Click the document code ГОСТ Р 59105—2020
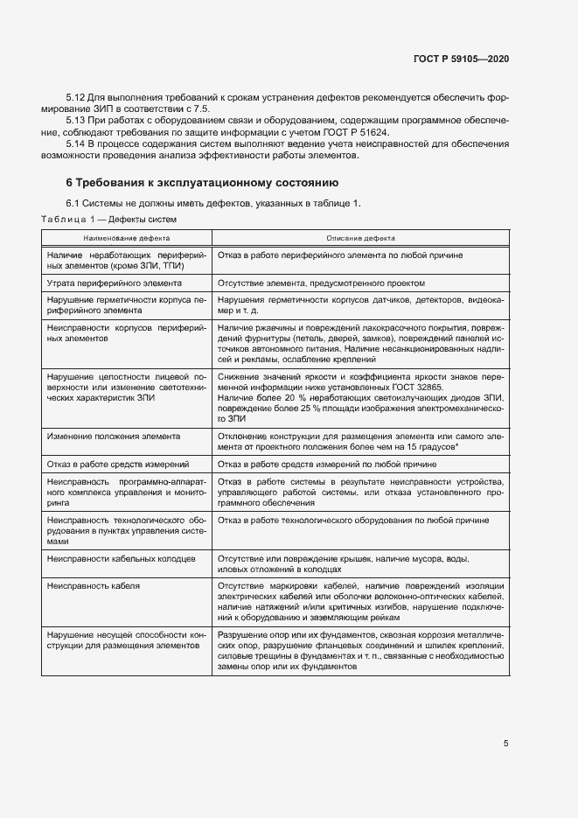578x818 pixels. tap(460, 59)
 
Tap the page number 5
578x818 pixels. tap(506, 744)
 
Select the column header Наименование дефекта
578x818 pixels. tap(127, 238)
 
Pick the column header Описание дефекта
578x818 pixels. tap(360, 238)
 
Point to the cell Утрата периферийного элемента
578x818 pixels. tap(114, 283)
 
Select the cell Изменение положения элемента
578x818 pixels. tap(114, 436)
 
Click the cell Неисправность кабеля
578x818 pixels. tap(94, 584)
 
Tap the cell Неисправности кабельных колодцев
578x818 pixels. tap(122, 558)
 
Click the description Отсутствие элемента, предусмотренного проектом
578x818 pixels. tap(321, 283)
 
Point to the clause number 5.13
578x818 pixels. tap(77, 120)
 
